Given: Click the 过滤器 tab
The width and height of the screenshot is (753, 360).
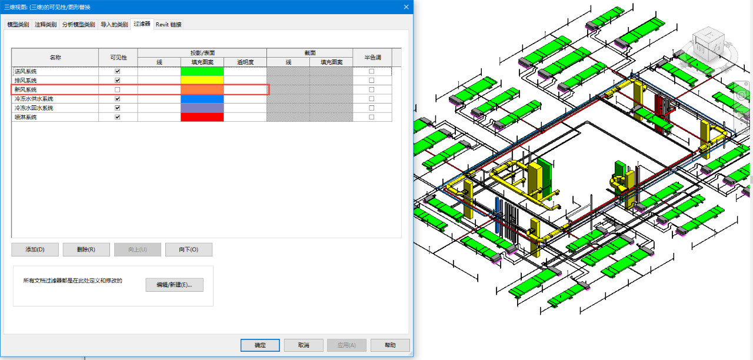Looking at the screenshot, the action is [142, 24].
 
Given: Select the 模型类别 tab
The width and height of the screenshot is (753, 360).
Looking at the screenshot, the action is [18, 25].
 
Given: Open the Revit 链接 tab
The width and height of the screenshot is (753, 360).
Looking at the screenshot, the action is [168, 25].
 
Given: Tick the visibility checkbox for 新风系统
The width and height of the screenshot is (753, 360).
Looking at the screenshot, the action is [117, 90].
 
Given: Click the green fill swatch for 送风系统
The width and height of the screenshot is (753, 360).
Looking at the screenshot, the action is [202, 71].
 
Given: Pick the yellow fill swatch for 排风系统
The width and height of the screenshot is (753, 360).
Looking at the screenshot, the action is [202, 81].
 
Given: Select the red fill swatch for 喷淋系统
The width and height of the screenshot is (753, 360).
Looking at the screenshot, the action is [202, 117].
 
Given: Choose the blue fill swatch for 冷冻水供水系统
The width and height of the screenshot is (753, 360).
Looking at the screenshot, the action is [202, 99].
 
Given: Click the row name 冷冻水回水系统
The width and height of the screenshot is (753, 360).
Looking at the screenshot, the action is [34, 108].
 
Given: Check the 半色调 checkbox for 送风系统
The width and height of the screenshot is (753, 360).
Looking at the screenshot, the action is [371, 71].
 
